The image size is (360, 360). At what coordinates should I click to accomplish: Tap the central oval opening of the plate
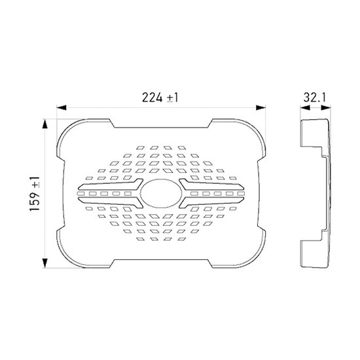click(160, 193)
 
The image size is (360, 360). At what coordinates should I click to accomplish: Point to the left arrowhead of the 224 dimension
click(62, 109)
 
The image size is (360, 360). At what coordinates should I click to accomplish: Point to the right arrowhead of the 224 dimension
click(259, 109)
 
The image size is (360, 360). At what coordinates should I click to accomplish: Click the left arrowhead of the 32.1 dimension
click(302, 109)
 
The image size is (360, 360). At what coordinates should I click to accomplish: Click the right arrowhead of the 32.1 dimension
click(327, 109)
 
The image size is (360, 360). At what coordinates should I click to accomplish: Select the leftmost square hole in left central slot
click(82, 193)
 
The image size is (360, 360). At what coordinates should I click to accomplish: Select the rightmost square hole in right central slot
click(238, 193)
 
